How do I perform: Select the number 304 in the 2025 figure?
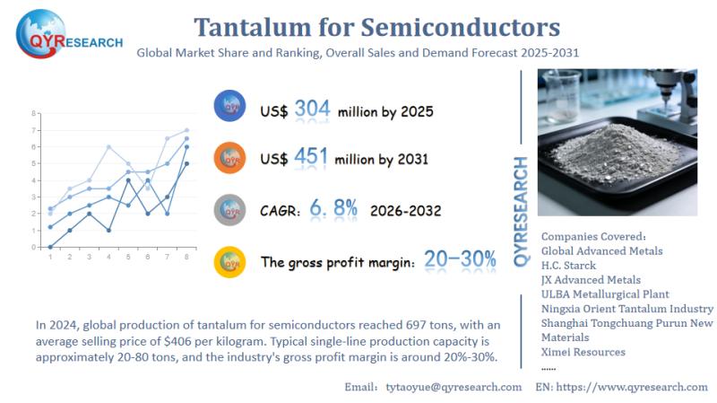pyautogui.click(x=312, y=110)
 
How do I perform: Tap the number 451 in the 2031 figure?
pyautogui.click(x=312, y=157)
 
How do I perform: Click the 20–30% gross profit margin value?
pyautogui.click(x=460, y=260)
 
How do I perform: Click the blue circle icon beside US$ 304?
pyautogui.click(x=230, y=107)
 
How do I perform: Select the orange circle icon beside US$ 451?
pyautogui.click(x=230, y=159)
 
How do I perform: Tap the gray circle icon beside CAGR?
pyautogui.click(x=230, y=211)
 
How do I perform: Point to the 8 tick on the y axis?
pyautogui.click(x=34, y=114)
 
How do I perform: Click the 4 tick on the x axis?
pyautogui.click(x=108, y=258)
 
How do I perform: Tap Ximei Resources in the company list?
pyautogui.click(x=583, y=352)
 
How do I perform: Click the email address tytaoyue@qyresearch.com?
pyautogui.click(x=453, y=387)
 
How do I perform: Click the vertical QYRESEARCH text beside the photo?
pyautogui.click(x=521, y=210)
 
